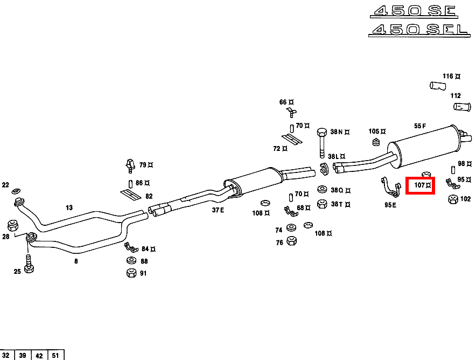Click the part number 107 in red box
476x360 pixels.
pyautogui.click(x=420, y=185)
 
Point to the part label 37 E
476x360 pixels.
pyautogui.click(x=218, y=210)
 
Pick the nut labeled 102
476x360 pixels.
pyautogui.click(x=452, y=199)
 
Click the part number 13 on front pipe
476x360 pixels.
pyautogui.click(x=69, y=207)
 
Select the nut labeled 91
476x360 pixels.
pyautogui.click(x=131, y=273)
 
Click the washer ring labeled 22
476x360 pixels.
pyautogui.click(x=17, y=191)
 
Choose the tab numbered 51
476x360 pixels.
pyautogui.click(x=56, y=355)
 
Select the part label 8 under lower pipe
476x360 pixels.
pyautogui.click(x=76, y=261)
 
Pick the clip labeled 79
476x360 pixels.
pyautogui.click(x=129, y=163)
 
